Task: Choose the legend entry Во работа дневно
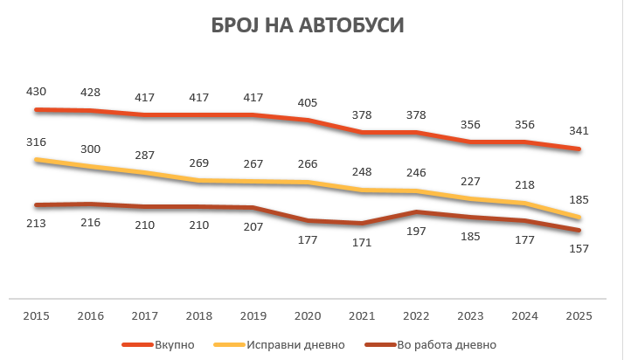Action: (447, 343)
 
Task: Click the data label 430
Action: (38, 91)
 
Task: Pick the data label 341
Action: (578, 131)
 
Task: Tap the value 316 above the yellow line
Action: (38, 142)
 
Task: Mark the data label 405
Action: (308, 101)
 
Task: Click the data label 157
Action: (578, 248)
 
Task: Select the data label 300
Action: (91, 149)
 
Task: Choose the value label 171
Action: (361, 241)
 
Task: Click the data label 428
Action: (91, 93)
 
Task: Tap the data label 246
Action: (415, 172)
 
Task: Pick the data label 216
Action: (91, 222)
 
